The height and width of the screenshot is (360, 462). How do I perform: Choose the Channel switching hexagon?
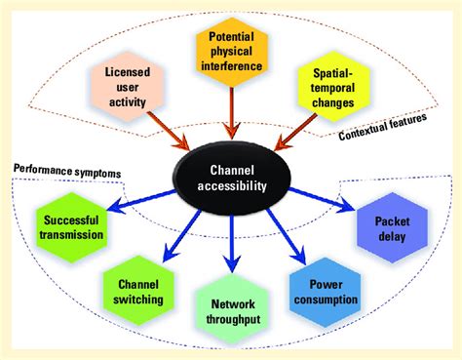coord(138,289)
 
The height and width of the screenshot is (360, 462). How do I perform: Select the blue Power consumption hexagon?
coord(326,289)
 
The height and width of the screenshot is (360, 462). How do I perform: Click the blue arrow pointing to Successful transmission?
coord(141,207)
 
